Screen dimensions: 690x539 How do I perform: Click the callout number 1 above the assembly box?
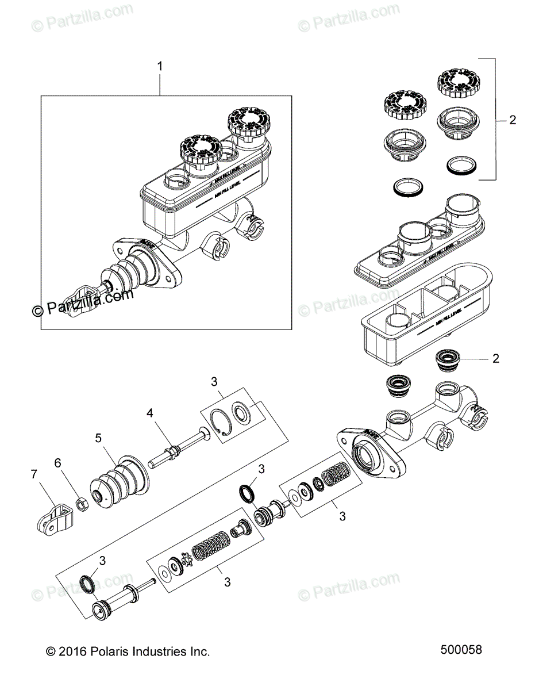click(160, 67)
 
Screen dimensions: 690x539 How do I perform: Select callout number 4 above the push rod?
click(149, 412)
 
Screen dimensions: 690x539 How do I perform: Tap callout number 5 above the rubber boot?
click(98, 439)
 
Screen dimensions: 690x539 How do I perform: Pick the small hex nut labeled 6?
click(82, 505)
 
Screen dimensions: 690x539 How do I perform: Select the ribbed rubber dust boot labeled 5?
click(118, 481)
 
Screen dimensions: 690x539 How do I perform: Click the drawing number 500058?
click(461, 650)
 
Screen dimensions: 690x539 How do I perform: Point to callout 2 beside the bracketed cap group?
click(513, 120)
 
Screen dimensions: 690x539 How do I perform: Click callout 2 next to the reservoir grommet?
click(495, 359)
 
